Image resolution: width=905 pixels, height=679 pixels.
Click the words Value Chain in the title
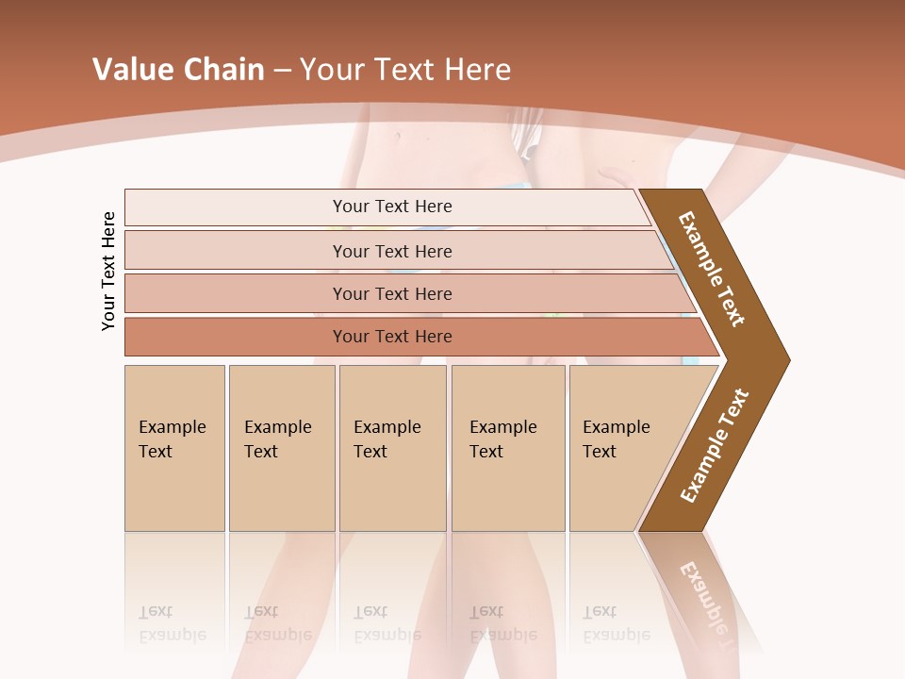pos(178,70)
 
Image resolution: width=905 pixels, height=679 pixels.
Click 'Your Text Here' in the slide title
pos(405,70)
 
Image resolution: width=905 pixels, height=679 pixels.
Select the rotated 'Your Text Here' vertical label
pos(108,271)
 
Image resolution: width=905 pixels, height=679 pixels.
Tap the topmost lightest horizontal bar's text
pos(392,207)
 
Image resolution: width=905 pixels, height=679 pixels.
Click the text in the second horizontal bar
pos(392,252)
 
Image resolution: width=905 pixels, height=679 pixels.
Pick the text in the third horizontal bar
pos(392,294)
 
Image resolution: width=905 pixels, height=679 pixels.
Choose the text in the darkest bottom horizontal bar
pos(392,337)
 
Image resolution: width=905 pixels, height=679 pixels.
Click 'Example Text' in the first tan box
pos(172,439)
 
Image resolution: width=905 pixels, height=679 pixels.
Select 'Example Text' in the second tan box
pos(277,439)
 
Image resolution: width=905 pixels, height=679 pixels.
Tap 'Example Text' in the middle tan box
pos(387,439)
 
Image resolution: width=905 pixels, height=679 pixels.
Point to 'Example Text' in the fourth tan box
pos(502,439)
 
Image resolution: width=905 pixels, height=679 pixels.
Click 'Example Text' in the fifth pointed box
pos(616,439)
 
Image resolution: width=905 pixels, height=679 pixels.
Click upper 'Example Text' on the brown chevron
pos(712,269)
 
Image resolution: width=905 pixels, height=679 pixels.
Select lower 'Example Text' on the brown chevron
pos(715,446)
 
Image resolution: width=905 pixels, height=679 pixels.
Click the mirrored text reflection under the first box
pos(172,623)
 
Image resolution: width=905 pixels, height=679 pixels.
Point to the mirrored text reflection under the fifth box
pos(616,623)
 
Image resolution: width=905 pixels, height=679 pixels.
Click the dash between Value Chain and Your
pos(282,71)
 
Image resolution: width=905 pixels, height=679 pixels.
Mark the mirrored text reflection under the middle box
pos(387,623)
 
